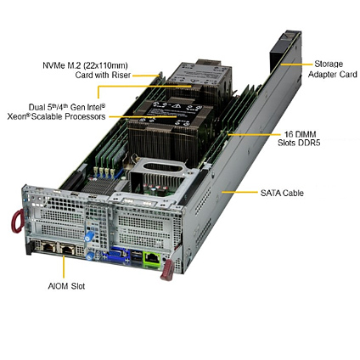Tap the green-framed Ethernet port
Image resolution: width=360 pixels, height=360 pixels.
[152, 259]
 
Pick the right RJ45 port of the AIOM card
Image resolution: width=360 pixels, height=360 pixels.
[67, 249]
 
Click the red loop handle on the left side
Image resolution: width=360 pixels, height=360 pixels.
[17, 221]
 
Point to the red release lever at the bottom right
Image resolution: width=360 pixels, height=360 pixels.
[167, 270]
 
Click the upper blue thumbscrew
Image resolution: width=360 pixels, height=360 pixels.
[89, 236]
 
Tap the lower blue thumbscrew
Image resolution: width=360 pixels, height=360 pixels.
[90, 256]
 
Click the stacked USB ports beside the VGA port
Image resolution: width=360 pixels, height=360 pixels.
[136, 257]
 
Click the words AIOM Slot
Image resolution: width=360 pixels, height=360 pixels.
[66, 286]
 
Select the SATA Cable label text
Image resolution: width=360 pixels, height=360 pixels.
[282, 193]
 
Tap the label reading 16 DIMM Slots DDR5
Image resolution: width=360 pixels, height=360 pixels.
[299, 138]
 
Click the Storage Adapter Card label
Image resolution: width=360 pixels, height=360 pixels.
[332, 69]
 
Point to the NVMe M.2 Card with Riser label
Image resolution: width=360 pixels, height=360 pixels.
[87, 70]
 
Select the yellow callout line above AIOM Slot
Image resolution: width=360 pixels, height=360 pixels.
[64, 267]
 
